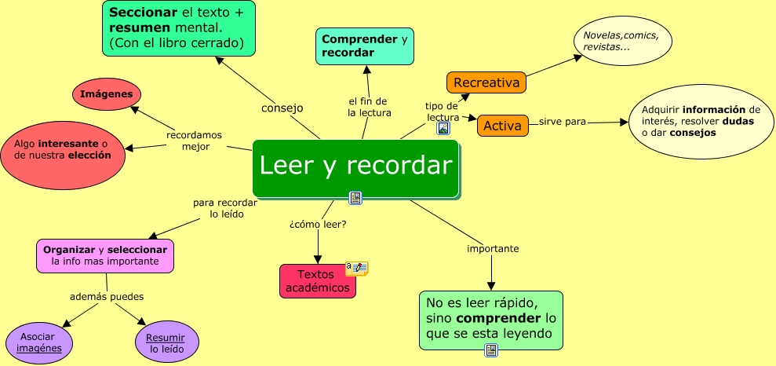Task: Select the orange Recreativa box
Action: [x=486, y=82]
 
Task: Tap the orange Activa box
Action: [x=502, y=126]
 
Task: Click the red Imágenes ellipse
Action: [x=107, y=95]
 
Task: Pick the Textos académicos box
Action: [x=317, y=281]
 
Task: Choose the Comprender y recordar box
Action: [x=365, y=46]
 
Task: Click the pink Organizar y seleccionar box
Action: [x=105, y=255]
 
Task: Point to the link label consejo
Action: [x=282, y=108]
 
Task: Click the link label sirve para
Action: [x=562, y=122]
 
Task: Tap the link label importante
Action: [x=493, y=248]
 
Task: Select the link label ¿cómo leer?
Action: [x=318, y=225]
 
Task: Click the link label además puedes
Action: [x=107, y=296]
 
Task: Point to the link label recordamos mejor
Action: [x=195, y=141]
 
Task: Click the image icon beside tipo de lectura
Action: [x=443, y=129]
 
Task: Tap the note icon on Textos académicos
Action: [x=357, y=268]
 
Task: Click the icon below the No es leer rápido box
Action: [x=491, y=351]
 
